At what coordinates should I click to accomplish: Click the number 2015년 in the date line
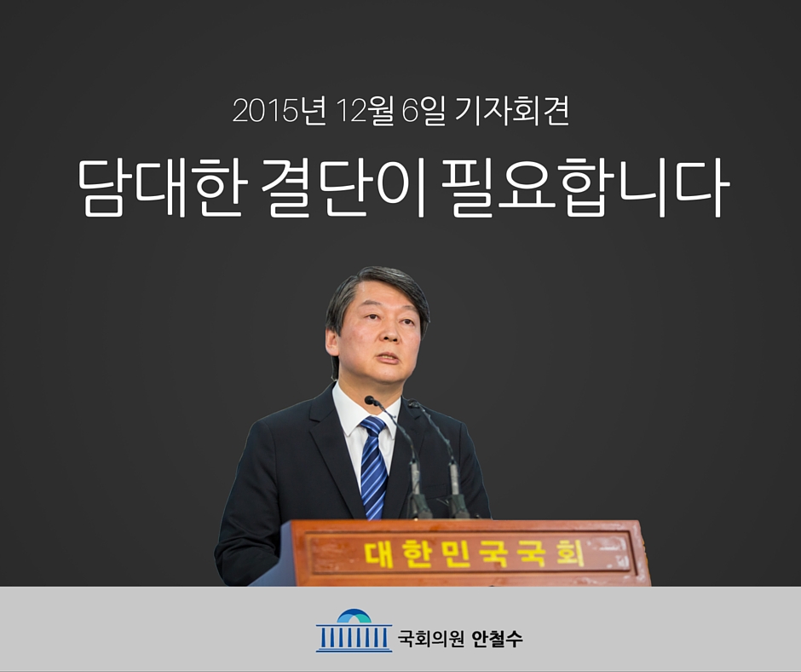[x=279, y=111]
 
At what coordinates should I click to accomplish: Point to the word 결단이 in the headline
[x=343, y=187]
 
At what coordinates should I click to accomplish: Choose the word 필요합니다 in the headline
[x=584, y=187]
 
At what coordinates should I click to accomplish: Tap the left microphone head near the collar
[x=371, y=401]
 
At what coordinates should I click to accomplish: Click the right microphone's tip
[x=412, y=404]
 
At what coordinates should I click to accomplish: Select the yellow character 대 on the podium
[x=378, y=553]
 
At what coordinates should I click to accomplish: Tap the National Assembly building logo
[x=354, y=630]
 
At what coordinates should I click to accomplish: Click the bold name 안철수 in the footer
[x=497, y=638]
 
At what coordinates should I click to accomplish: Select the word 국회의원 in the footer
[x=430, y=638]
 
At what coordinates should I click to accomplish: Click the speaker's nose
[x=389, y=335]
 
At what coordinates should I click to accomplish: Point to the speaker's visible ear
[x=332, y=343]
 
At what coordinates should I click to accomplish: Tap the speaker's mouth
[x=389, y=358]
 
